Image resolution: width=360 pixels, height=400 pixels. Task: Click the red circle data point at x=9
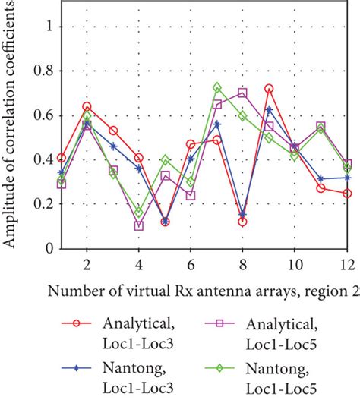[x=269, y=89]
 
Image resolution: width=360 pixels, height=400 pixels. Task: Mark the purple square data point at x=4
[x=138, y=225]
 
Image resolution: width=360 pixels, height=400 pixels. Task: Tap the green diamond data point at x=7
[x=217, y=87]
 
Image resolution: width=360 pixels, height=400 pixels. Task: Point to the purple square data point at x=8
[x=242, y=93]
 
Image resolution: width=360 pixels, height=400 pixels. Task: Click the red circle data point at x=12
[x=347, y=193]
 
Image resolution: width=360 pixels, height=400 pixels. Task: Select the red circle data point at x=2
[x=87, y=106]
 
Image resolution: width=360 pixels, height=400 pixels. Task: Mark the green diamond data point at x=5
[x=165, y=160]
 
